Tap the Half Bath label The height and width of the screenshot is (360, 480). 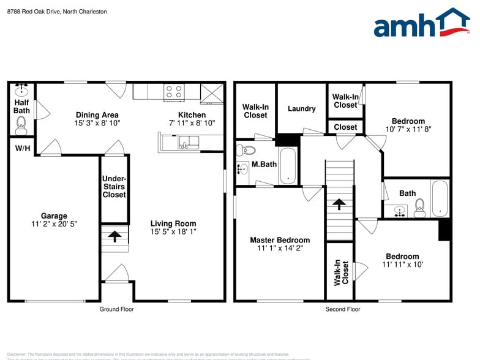pos(21,107)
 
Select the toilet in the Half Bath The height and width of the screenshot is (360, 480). pos(21,127)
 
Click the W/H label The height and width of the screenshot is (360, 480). pos(22,148)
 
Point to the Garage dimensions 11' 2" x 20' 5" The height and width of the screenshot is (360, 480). pos(54,224)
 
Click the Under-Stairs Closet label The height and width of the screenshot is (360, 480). pos(114,186)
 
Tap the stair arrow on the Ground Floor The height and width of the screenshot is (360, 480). pos(114,234)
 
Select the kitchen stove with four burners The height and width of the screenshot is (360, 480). pos(174,92)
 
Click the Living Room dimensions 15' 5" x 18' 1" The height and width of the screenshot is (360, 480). pos(173,232)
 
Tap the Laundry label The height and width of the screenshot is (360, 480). pos(302,109)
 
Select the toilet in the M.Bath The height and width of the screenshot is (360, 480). pos(248,149)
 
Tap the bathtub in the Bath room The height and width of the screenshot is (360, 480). pos(439,198)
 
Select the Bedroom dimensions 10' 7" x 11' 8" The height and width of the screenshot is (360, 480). pos(408,129)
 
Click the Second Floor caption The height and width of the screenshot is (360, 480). pos(343,309)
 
